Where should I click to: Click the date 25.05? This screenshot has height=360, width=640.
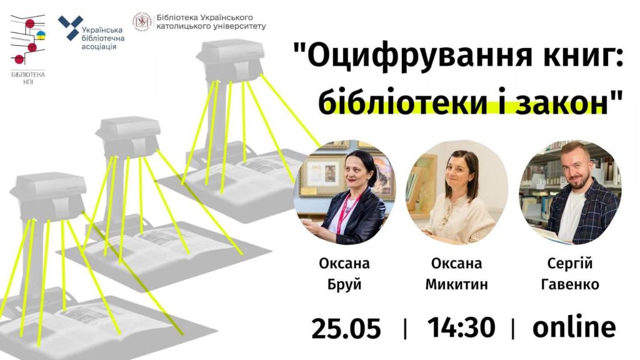346,328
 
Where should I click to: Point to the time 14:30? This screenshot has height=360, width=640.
461,327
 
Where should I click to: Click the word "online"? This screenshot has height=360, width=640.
574,327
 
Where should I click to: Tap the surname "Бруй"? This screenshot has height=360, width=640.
344,284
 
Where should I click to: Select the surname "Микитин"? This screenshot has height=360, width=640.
456,284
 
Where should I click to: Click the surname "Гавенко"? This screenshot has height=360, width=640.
570,284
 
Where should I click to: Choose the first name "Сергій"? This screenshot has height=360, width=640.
570,263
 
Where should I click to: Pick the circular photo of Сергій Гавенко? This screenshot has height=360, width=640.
570,192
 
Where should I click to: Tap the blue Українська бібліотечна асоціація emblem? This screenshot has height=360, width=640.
70,27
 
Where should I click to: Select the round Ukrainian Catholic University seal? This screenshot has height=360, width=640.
143,22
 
